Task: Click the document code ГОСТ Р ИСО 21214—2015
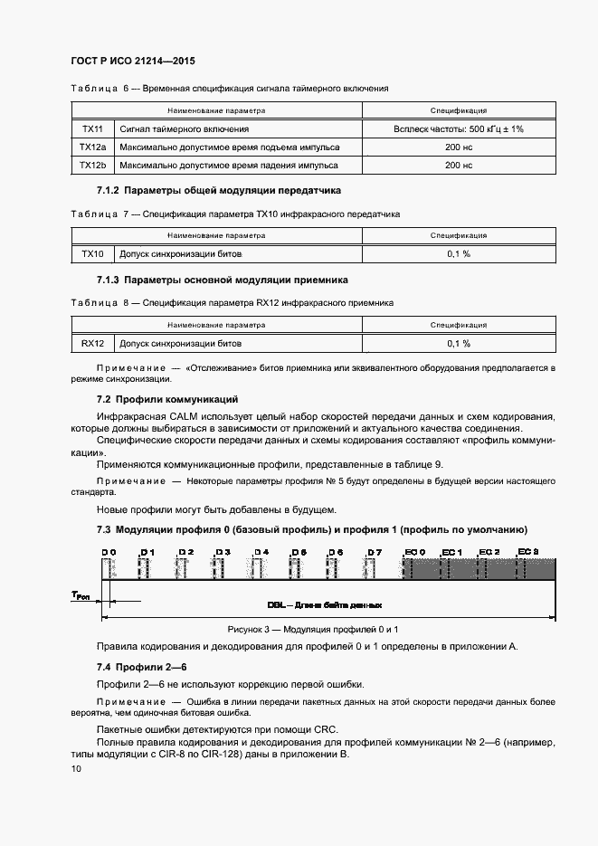132,62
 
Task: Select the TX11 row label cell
92,129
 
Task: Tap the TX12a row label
92,147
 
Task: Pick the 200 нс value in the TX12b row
459,166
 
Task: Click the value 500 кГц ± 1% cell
459,129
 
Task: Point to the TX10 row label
92,254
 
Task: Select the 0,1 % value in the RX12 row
459,343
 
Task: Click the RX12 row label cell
92,343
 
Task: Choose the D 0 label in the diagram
109,551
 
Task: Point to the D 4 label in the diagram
261,551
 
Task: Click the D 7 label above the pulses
375,551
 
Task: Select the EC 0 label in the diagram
414,551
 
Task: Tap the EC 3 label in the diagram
527,551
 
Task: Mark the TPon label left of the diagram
81,594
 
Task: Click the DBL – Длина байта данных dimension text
324,604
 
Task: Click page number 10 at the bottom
76,768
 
